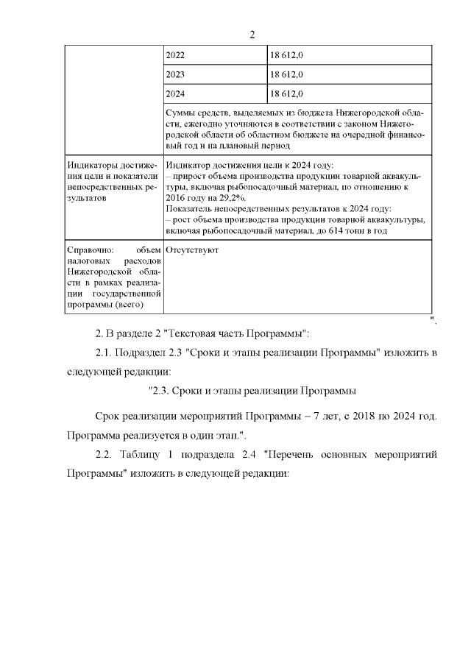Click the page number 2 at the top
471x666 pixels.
[252, 35]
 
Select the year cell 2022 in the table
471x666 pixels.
[176, 55]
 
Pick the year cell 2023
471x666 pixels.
[176, 74]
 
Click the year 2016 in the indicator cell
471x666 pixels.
[177, 199]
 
